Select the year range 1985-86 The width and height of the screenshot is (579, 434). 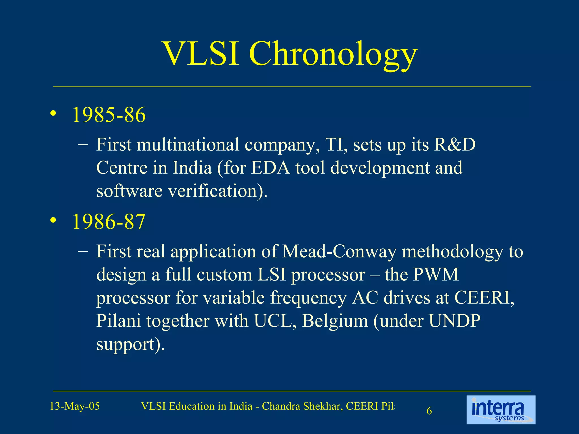coord(109,115)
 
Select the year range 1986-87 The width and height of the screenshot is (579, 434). coord(109,222)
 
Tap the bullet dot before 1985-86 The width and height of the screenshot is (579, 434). coord(53,114)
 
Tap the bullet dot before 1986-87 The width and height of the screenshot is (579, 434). coord(53,220)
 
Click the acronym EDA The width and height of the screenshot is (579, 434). coord(271,168)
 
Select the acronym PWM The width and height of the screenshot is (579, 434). coord(435,274)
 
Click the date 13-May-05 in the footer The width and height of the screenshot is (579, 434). coord(75,406)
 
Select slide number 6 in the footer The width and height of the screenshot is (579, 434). coord(429,411)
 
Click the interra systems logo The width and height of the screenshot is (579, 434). coord(501,410)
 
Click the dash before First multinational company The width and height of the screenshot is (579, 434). coord(83,145)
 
